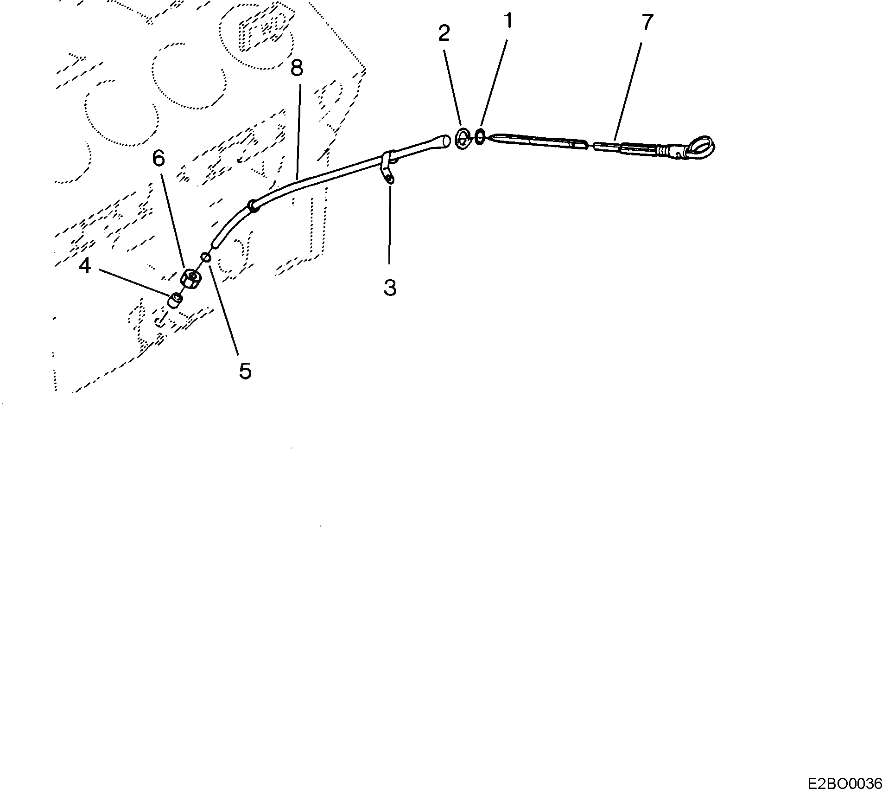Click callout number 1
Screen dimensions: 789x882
tap(508, 21)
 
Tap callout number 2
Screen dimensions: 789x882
tap(444, 33)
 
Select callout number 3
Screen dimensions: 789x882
tap(390, 288)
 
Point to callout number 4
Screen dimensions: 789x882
tap(84, 266)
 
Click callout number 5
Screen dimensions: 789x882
tap(245, 371)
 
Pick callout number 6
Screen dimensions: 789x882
tap(158, 159)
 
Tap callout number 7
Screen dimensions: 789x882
tap(647, 22)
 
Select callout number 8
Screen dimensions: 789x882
tap(297, 68)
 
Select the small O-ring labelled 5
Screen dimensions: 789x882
tap(206, 257)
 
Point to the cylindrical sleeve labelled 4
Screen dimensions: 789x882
tap(175, 301)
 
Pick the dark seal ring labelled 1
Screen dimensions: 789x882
tap(480, 137)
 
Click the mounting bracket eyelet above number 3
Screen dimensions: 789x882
tap(389, 179)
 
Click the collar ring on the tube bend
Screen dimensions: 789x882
tap(254, 205)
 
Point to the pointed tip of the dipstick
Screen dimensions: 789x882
tap(490, 137)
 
